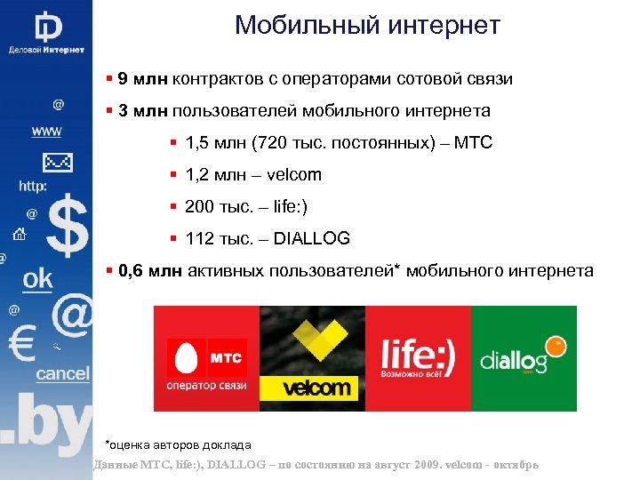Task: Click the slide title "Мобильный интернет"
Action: click(367, 25)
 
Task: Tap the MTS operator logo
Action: click(205, 358)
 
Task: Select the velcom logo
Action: click(312, 358)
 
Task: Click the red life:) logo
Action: click(418, 358)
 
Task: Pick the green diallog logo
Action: click(524, 358)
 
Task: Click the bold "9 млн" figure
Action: click(137, 79)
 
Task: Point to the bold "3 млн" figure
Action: click(137, 111)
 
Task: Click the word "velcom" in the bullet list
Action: click(294, 175)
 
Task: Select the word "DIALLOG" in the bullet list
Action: click(312, 238)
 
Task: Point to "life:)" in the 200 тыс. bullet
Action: click(282, 206)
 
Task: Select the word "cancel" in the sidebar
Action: click(62, 373)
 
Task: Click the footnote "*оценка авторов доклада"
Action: click(178, 444)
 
